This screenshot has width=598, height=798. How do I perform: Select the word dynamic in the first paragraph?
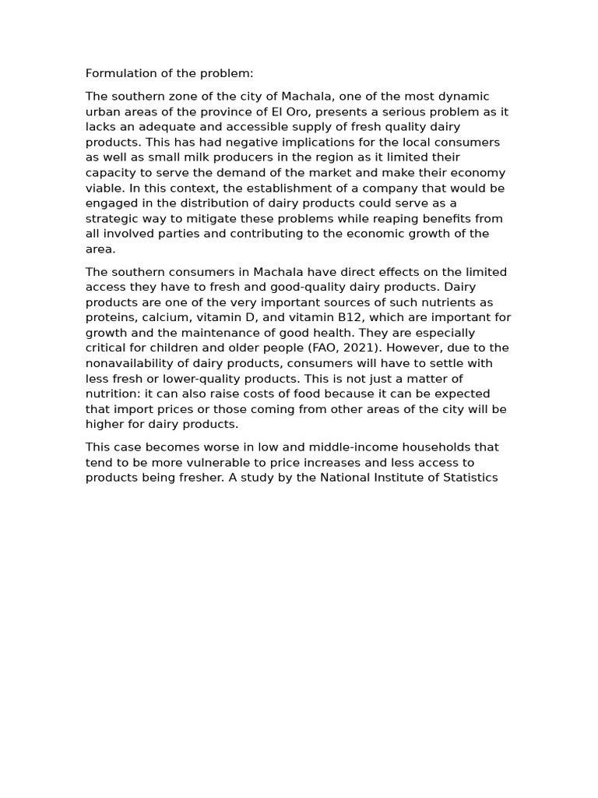(466, 97)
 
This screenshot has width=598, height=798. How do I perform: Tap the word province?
(230, 111)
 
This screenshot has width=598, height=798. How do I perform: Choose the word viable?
(101, 188)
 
